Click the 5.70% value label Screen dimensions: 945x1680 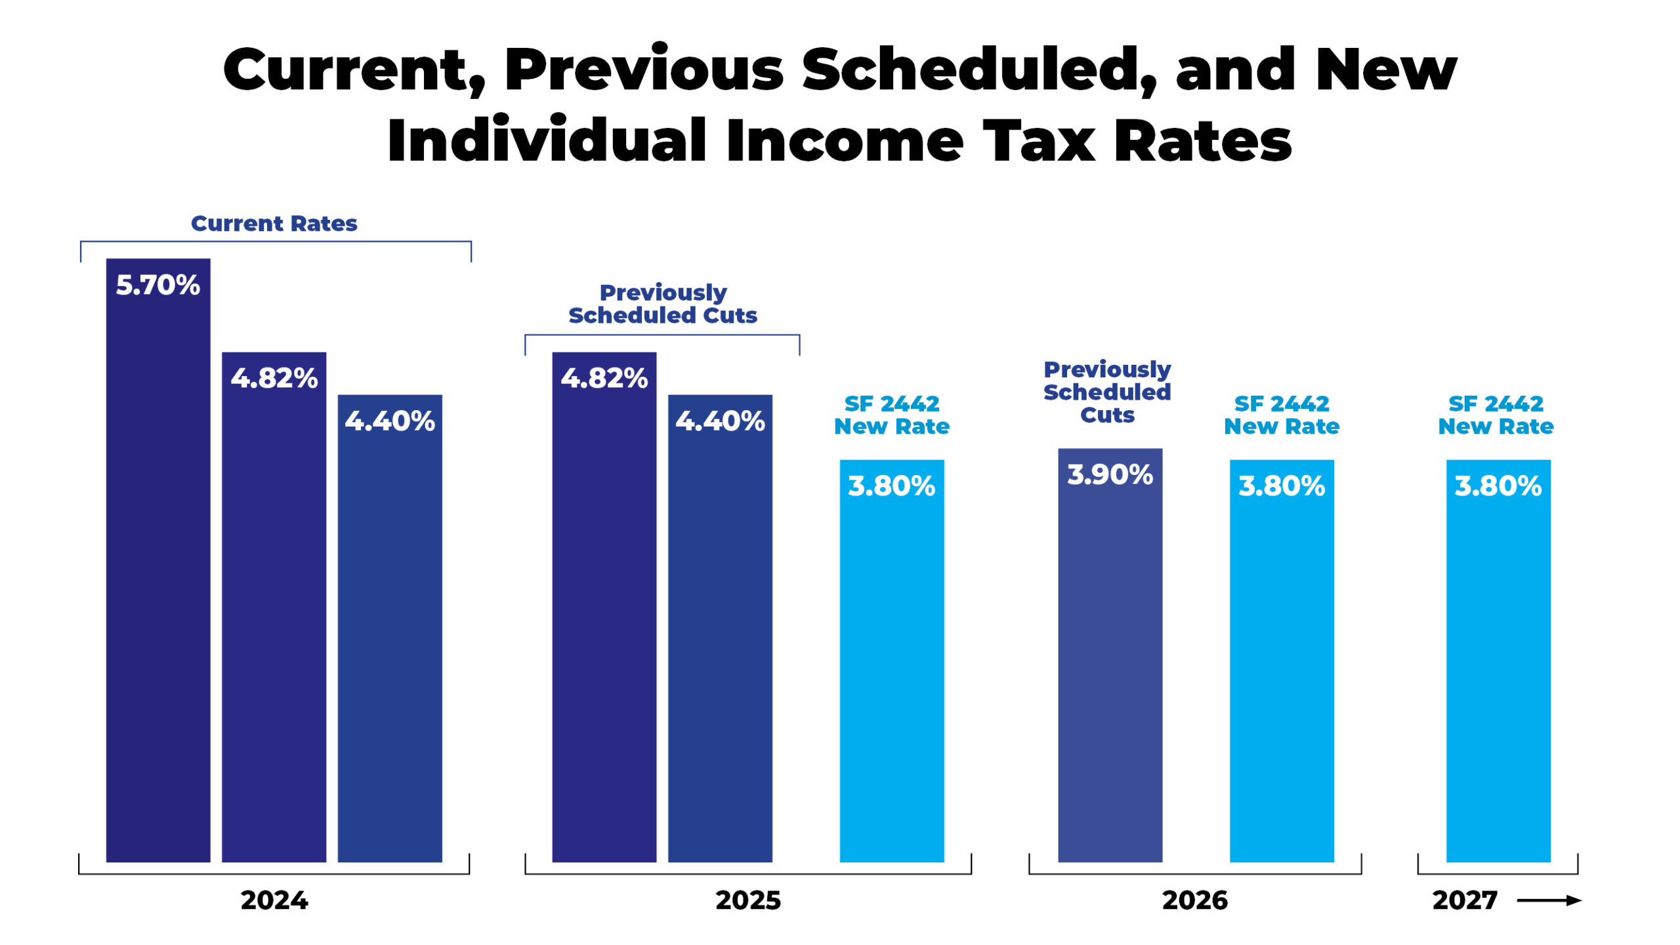tap(157, 285)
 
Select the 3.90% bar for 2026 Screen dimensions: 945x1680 tap(1110, 656)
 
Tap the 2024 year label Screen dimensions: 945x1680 tap(274, 900)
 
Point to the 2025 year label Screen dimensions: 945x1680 tap(748, 900)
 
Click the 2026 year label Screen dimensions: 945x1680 tap(1194, 900)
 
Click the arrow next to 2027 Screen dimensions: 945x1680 tap(1549, 900)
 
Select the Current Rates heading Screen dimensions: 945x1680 tap(274, 224)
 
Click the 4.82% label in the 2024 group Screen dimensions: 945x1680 tap(274, 379)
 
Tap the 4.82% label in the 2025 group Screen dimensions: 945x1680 tap(604, 379)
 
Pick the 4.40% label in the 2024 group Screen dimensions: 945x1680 tap(390, 421)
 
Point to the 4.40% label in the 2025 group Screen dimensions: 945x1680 tap(720, 421)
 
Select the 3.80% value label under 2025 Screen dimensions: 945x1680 tap(891, 486)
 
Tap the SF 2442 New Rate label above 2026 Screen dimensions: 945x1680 tap(1281, 415)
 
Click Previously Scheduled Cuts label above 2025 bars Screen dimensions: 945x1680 tap(662, 304)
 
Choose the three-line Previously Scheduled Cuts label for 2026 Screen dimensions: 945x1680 tap(1107, 392)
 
